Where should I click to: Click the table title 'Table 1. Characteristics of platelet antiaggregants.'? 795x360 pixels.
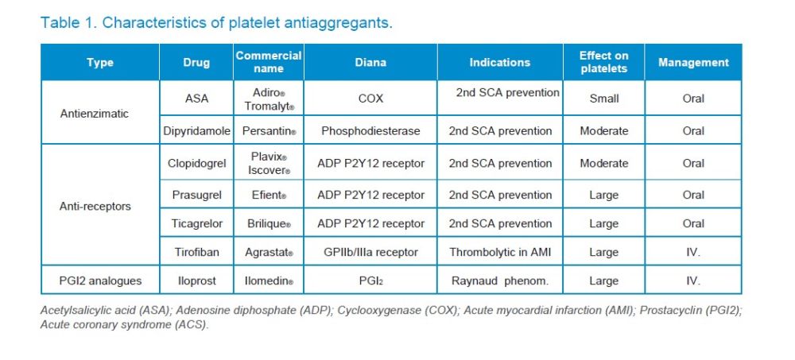click(x=216, y=22)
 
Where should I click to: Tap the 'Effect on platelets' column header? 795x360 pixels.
click(x=604, y=62)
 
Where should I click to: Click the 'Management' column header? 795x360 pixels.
click(x=693, y=62)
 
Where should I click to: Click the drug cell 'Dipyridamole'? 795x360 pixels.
click(x=196, y=130)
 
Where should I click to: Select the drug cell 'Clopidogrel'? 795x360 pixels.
click(x=196, y=164)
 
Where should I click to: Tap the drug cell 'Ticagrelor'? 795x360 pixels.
click(x=196, y=223)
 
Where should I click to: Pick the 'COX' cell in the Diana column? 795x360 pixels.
click(x=370, y=99)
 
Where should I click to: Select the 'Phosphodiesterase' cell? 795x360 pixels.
click(x=370, y=130)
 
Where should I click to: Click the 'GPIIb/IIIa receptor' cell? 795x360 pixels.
click(x=370, y=253)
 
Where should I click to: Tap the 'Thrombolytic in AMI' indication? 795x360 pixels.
click(x=500, y=253)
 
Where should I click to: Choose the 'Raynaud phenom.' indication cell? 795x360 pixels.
click(x=500, y=281)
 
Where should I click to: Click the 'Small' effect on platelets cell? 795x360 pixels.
click(x=604, y=99)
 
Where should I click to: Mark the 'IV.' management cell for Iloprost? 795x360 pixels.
click(x=693, y=281)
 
